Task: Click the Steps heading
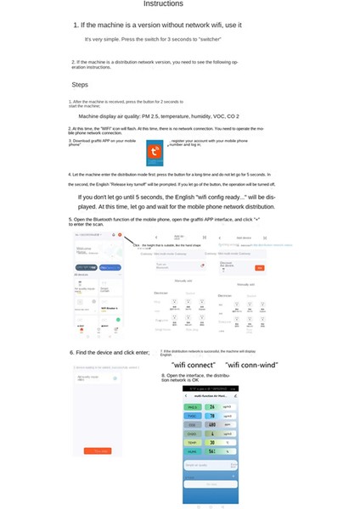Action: click(80, 85)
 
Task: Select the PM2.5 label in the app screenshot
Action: click(193, 406)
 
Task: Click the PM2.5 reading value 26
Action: click(211, 406)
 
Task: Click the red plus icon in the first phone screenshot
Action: click(120, 234)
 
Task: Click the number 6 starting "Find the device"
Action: click(71, 352)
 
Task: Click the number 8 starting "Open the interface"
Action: click(163, 374)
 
